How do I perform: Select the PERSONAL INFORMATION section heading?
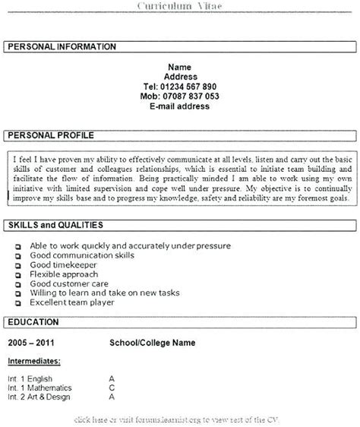[x=62, y=47]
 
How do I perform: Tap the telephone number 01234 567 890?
[x=180, y=87]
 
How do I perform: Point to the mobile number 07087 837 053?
[x=180, y=96]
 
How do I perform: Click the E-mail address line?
[x=180, y=107]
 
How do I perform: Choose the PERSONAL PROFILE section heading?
[x=51, y=135]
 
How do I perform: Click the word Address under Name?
[x=180, y=77]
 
